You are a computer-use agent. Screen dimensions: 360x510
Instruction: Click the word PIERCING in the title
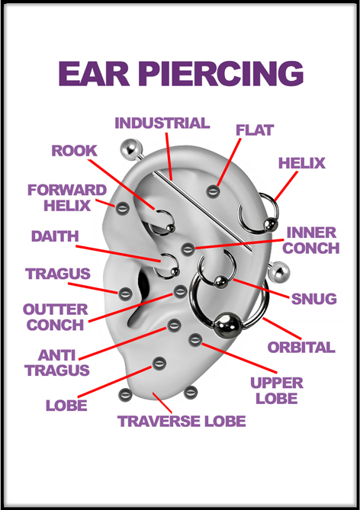coord(222,73)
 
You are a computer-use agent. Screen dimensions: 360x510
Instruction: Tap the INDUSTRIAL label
coord(162,123)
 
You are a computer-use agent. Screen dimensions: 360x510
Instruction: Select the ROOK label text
coord(74,151)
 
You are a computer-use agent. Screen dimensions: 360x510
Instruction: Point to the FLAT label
coord(255,130)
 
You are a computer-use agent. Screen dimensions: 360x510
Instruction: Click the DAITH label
coord(55,236)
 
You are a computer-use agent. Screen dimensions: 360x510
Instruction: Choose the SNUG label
coord(313,299)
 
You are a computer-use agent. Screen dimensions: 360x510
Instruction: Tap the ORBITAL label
coord(301,348)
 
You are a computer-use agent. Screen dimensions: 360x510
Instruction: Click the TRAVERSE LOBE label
coord(182,422)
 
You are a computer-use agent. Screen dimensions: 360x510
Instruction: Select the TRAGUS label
coord(58,274)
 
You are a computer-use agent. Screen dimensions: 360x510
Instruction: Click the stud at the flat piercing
coord(213,191)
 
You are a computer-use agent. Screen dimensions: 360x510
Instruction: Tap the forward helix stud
coord(122,208)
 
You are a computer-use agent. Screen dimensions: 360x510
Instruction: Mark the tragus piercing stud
coord(124,294)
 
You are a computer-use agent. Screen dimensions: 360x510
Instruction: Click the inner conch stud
coord(188,249)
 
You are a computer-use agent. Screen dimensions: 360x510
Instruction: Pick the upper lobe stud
coord(195,340)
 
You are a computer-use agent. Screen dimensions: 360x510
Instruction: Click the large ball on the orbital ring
coord(227,326)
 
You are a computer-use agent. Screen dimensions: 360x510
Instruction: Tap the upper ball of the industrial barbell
coord(131,149)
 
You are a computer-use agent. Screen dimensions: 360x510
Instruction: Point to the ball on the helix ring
coord(271,224)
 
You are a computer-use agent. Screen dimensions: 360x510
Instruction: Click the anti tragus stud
coord(174,325)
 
